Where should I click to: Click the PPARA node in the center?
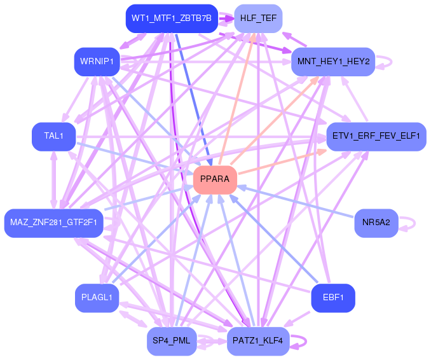(x=215, y=180)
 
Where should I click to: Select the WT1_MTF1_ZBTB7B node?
(x=172, y=18)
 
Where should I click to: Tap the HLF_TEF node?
(x=258, y=18)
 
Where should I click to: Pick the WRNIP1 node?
(x=97, y=62)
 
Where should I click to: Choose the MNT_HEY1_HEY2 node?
(x=333, y=62)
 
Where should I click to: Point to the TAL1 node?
(x=54, y=136)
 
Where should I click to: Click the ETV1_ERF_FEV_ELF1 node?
(x=376, y=136)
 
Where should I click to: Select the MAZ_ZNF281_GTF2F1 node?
(x=54, y=223)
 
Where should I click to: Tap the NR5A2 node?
(x=376, y=223)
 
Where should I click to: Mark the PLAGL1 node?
(x=97, y=298)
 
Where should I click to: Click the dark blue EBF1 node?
(x=333, y=298)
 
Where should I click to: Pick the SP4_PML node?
(x=172, y=341)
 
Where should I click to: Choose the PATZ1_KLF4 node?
(x=258, y=341)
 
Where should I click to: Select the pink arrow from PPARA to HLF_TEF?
(x=236, y=99)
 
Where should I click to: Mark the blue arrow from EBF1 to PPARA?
(x=274, y=239)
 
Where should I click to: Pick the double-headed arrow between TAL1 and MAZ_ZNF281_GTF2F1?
(x=54, y=180)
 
